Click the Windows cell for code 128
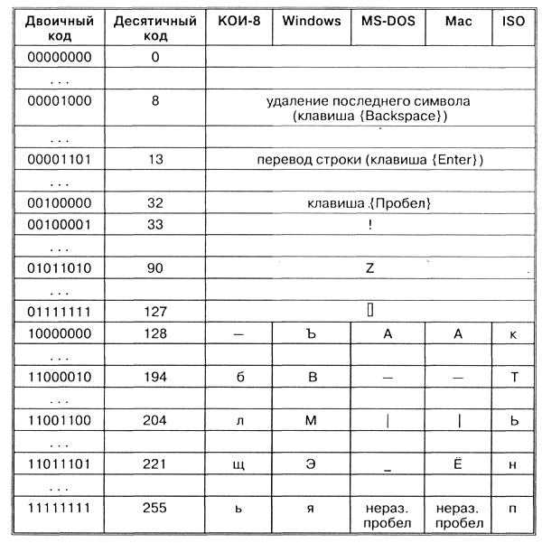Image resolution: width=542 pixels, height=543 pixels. (x=311, y=333)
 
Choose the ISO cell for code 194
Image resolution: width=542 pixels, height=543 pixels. (x=513, y=377)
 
